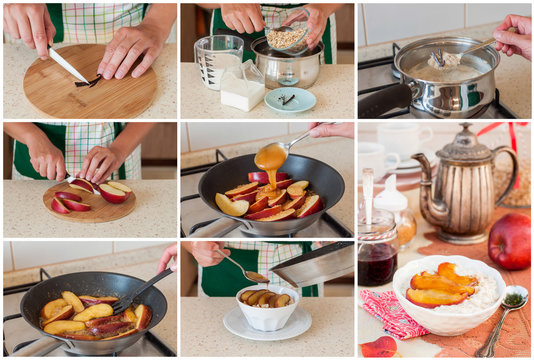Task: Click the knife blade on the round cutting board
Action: (68, 66)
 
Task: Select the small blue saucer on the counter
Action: (289, 99)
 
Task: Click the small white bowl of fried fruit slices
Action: (267, 305)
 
